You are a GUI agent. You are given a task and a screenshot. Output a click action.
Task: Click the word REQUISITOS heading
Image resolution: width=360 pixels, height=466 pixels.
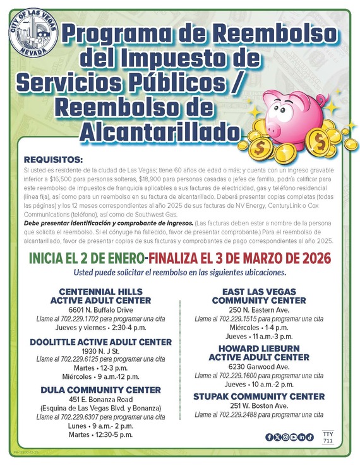click(x=53, y=160)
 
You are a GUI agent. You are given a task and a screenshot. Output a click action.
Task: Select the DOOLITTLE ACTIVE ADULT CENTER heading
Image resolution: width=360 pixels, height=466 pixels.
click(x=100, y=342)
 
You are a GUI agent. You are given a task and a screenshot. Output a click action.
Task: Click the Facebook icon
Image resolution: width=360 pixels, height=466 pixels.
click(x=270, y=437)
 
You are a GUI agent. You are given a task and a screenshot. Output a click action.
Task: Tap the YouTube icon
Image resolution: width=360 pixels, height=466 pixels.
click(x=294, y=437)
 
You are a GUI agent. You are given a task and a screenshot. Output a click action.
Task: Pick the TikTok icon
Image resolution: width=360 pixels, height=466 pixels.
click(x=310, y=437)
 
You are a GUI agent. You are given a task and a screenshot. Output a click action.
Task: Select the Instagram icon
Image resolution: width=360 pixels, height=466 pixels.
click(x=285, y=437)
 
